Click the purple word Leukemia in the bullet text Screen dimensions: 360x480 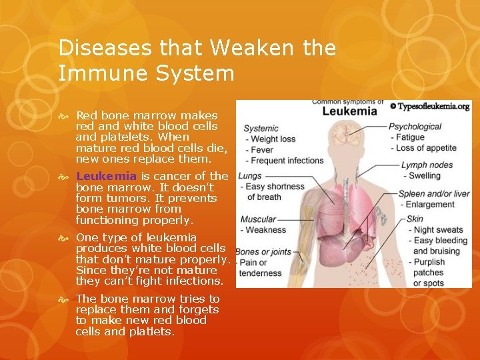click(x=107, y=176)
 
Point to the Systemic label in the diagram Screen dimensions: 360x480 click(x=261, y=128)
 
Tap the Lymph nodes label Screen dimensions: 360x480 click(x=427, y=165)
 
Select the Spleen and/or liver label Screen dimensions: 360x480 click(x=434, y=194)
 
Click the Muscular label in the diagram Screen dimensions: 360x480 click(x=258, y=219)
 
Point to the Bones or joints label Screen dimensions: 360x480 click(x=262, y=251)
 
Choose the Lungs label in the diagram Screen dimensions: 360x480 click(x=250, y=176)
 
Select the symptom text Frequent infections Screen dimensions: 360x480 click(x=287, y=161)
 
